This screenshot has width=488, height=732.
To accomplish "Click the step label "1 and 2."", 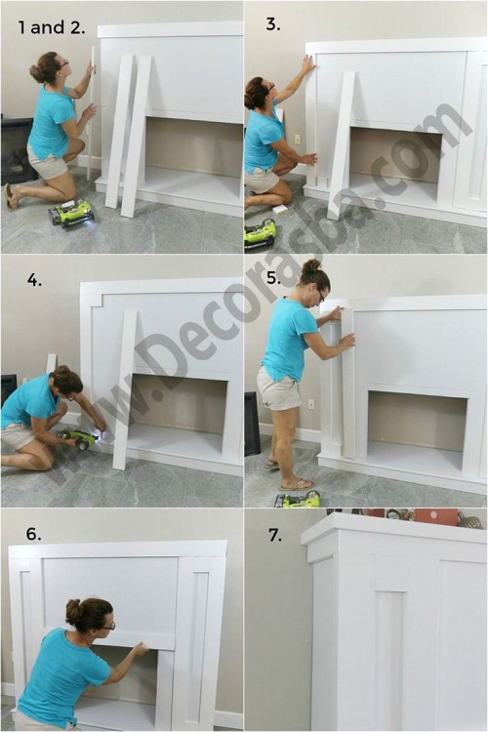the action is (52, 27).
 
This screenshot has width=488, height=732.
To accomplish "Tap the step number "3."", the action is (273, 24).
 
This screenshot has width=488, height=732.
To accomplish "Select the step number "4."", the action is (34, 280).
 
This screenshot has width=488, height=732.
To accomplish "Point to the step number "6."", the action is (33, 534).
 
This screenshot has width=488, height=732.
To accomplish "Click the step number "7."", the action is (275, 536).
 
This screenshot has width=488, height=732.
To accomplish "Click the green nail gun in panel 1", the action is (72, 213).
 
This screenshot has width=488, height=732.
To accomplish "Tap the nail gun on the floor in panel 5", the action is (298, 499).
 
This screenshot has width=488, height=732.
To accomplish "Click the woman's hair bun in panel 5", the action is (311, 266).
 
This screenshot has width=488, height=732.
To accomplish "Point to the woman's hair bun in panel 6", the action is (74, 612).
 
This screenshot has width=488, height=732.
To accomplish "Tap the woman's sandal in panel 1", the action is (11, 196).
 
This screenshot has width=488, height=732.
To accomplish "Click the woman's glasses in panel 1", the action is (64, 63).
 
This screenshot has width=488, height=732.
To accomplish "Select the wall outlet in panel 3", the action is (297, 140).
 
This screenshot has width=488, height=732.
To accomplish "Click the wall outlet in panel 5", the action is (311, 404).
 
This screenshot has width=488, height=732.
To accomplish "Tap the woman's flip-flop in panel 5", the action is (297, 484).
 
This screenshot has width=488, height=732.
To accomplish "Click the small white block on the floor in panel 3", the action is (280, 209).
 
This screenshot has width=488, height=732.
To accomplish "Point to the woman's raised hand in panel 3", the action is (308, 62).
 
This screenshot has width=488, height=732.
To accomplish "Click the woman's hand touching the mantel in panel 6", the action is (141, 649).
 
